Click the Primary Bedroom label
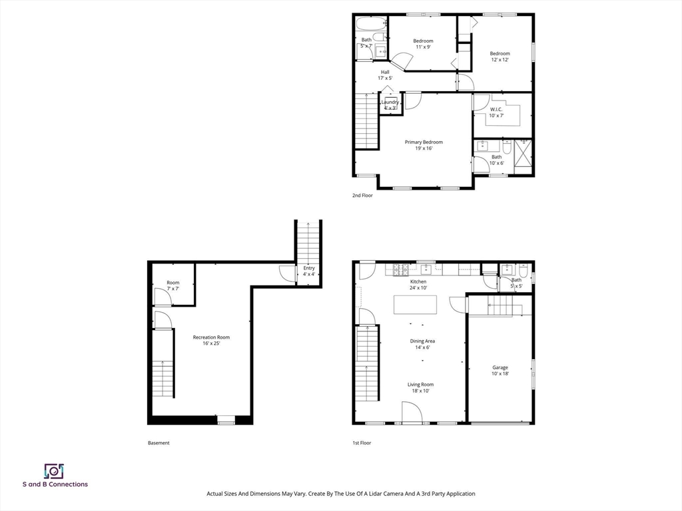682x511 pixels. pyautogui.click(x=424, y=145)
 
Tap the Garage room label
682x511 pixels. pyautogui.click(x=500, y=370)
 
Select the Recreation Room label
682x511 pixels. pyautogui.click(x=211, y=340)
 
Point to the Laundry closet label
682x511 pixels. pyautogui.click(x=390, y=105)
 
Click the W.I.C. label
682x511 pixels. pyautogui.click(x=496, y=112)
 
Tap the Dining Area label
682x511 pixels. pyautogui.click(x=422, y=344)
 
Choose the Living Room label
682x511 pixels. pyautogui.click(x=421, y=388)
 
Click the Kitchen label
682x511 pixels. pyautogui.click(x=418, y=285)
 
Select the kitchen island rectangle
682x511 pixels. pyautogui.click(x=416, y=304)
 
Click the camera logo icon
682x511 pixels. pyautogui.click(x=55, y=471)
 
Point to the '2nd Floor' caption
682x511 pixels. pyautogui.click(x=362, y=196)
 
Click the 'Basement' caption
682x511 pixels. pyautogui.click(x=159, y=442)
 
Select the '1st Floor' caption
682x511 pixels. pyautogui.click(x=362, y=442)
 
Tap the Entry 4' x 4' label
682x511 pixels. pyautogui.click(x=309, y=271)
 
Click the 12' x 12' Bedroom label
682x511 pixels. pyautogui.click(x=500, y=57)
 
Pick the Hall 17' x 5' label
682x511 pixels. pyautogui.click(x=385, y=75)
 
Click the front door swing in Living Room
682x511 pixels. pyautogui.click(x=411, y=411)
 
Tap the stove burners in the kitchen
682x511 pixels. pyautogui.click(x=400, y=270)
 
